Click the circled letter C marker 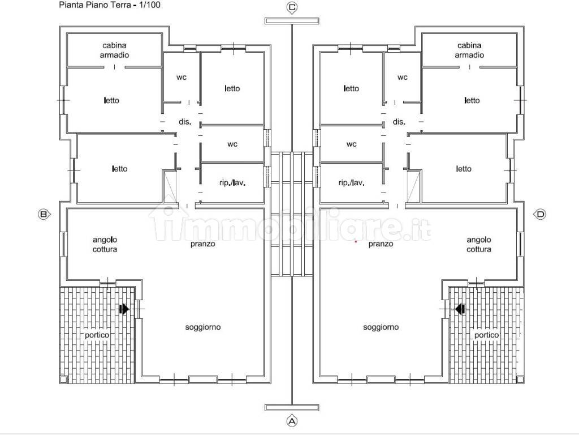pyautogui.click(x=292, y=7)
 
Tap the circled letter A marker pyautogui.click(x=292, y=421)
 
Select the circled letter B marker pyautogui.click(x=43, y=214)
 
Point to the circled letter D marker pyautogui.click(x=541, y=214)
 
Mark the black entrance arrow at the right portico pyautogui.click(x=460, y=309)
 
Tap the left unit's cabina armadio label pyautogui.click(x=114, y=50)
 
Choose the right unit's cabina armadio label pyautogui.click(x=469, y=50)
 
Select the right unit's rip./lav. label pyautogui.click(x=351, y=183)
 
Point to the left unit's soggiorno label pyautogui.click(x=203, y=327)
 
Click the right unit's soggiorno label pyautogui.click(x=381, y=327)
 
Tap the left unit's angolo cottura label pyautogui.click(x=105, y=245)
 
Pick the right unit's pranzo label pyautogui.click(x=381, y=244)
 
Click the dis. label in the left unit pyautogui.click(x=185, y=122)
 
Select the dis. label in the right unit pyautogui.click(x=399, y=122)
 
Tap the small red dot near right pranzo pyautogui.click(x=356, y=241)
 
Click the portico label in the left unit pyautogui.click(x=97, y=335)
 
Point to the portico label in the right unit pyautogui.click(x=487, y=335)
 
